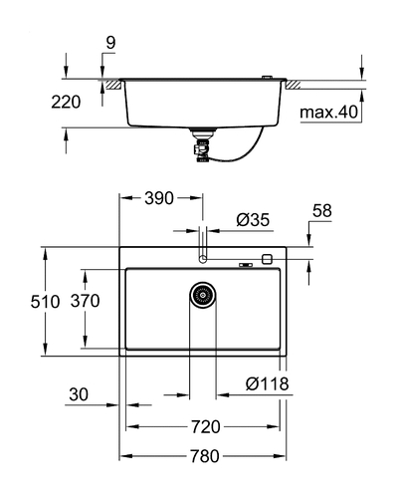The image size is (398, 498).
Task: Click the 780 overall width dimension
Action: [204, 456]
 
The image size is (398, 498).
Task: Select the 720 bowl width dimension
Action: [205, 426]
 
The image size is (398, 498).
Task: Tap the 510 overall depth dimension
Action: [45, 302]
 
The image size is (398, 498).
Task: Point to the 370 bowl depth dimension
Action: [85, 301]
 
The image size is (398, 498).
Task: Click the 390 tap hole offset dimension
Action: [159, 198]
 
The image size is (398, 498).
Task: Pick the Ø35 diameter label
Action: [253, 220]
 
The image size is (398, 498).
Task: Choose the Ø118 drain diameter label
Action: [267, 383]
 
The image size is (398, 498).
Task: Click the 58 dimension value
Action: [321, 210]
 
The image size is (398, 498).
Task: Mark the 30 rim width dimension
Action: [79, 394]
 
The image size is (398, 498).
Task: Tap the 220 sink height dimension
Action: [66, 102]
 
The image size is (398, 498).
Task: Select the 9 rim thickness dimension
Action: [110, 43]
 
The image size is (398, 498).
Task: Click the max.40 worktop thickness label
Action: [328, 113]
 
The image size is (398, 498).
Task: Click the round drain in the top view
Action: [203, 295]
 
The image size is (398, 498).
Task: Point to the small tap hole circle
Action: [202, 258]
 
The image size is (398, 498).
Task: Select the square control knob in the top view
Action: [267, 259]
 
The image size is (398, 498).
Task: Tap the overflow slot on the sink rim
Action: [246, 265]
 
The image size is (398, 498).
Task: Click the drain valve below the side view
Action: [201, 146]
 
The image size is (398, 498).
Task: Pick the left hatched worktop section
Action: [112, 85]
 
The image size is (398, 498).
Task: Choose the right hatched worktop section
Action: [293, 85]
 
